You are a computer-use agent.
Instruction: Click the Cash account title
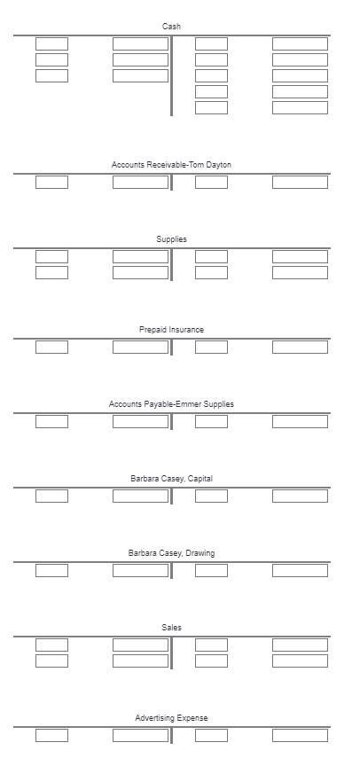coord(171,27)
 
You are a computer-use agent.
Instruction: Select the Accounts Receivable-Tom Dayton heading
coord(171,165)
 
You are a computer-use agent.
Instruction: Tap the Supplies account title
coord(171,239)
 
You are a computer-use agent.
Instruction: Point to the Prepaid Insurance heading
coord(171,330)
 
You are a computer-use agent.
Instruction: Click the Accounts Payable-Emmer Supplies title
coord(171,404)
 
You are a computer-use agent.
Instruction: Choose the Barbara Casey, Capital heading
coord(171,479)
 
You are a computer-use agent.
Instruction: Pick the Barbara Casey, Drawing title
coord(171,553)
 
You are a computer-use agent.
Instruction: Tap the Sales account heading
coord(171,628)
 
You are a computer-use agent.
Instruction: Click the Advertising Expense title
coord(171,717)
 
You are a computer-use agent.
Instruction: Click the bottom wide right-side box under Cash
coord(300,107)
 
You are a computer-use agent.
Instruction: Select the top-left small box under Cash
coord(51,43)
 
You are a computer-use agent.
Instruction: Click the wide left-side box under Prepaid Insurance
coord(140,347)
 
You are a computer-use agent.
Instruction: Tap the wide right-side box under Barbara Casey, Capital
coord(300,496)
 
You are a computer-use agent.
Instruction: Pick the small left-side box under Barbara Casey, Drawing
coord(51,570)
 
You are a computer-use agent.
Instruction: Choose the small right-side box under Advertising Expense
coord(211,735)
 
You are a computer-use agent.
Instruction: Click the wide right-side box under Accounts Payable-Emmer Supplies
coord(300,421)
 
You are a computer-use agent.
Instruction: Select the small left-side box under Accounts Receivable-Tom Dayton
coord(51,182)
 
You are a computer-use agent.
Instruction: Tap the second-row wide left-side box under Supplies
coord(140,272)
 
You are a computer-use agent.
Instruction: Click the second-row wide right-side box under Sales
coord(300,660)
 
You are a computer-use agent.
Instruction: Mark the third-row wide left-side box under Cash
coord(140,75)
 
